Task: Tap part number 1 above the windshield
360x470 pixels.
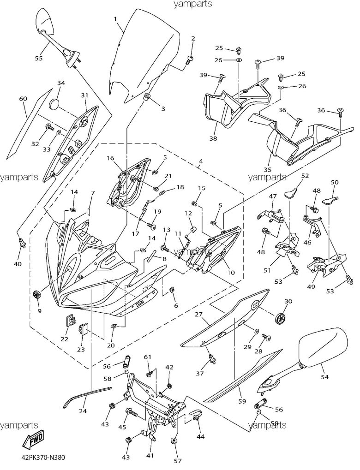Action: tap(115, 19)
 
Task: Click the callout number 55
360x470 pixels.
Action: tap(38, 58)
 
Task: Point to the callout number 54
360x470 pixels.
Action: tap(324, 377)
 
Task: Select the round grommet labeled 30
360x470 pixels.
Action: tap(280, 318)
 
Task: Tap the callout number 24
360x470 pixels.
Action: tap(83, 411)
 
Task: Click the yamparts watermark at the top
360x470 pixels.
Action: tap(193, 5)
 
